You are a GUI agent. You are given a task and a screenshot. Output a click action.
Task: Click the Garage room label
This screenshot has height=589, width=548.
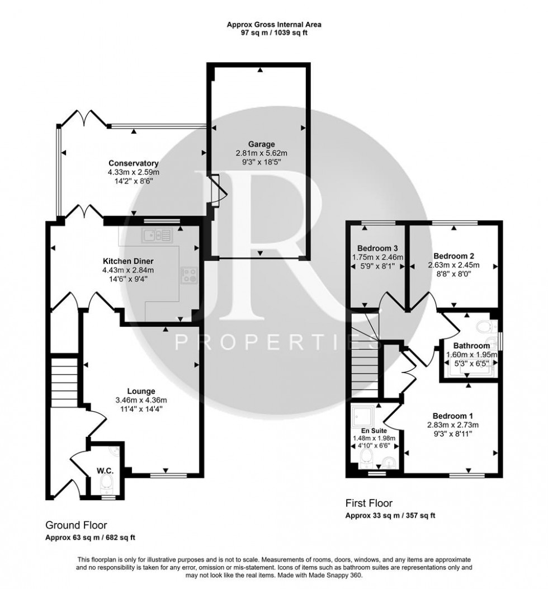click(262, 144)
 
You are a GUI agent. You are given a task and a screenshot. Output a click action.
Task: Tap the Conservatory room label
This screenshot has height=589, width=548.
click(134, 163)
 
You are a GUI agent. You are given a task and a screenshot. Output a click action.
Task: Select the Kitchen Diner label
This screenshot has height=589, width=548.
click(128, 261)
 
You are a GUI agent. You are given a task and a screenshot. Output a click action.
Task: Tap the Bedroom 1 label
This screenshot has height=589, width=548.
click(452, 416)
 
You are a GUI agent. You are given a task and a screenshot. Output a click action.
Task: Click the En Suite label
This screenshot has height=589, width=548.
click(374, 431)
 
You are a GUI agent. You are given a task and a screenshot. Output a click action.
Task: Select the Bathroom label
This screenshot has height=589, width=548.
click(471, 346)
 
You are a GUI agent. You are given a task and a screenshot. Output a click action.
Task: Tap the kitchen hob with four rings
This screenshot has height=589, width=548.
click(188, 275)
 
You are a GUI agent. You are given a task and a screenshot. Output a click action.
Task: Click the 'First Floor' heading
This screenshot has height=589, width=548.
click(369, 503)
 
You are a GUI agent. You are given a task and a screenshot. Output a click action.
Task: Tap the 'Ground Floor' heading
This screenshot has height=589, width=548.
click(76, 525)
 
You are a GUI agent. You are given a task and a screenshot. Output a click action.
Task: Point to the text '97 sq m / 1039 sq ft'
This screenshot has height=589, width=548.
click(274, 33)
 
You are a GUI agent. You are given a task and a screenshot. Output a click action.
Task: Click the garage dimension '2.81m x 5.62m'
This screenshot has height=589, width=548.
click(262, 153)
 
